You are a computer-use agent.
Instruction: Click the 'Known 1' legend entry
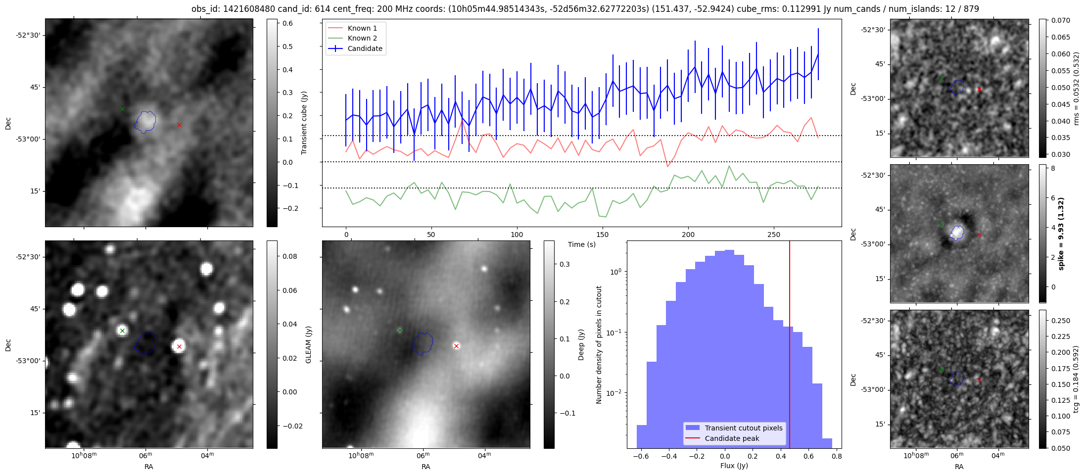[x=362, y=28]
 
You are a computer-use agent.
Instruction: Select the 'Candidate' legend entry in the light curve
[x=365, y=48]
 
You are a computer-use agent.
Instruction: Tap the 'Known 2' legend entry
[x=362, y=38]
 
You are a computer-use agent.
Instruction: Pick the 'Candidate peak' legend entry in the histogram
[x=732, y=438]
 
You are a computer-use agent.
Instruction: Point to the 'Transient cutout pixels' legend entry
[x=743, y=428]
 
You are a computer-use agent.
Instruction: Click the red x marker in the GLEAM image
[x=179, y=346]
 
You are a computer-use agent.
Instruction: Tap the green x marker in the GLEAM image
[x=122, y=331]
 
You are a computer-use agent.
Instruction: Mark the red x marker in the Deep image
[x=456, y=346]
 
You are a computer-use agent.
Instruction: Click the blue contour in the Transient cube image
[x=145, y=122]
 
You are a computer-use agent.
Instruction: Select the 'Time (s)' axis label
[x=581, y=244]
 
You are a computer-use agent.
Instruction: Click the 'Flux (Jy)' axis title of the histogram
[x=734, y=466]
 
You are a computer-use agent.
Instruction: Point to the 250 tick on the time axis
[x=773, y=235]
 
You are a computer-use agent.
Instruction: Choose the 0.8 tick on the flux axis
[x=837, y=457]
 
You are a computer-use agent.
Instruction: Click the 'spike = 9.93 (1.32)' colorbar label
[x=1061, y=234]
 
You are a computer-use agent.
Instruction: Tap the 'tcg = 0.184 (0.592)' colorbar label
[x=1076, y=379]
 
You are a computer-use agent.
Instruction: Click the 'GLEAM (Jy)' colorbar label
[x=308, y=344]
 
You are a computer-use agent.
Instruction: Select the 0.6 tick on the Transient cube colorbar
[x=287, y=23]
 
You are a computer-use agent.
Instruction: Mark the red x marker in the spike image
[x=979, y=235]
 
